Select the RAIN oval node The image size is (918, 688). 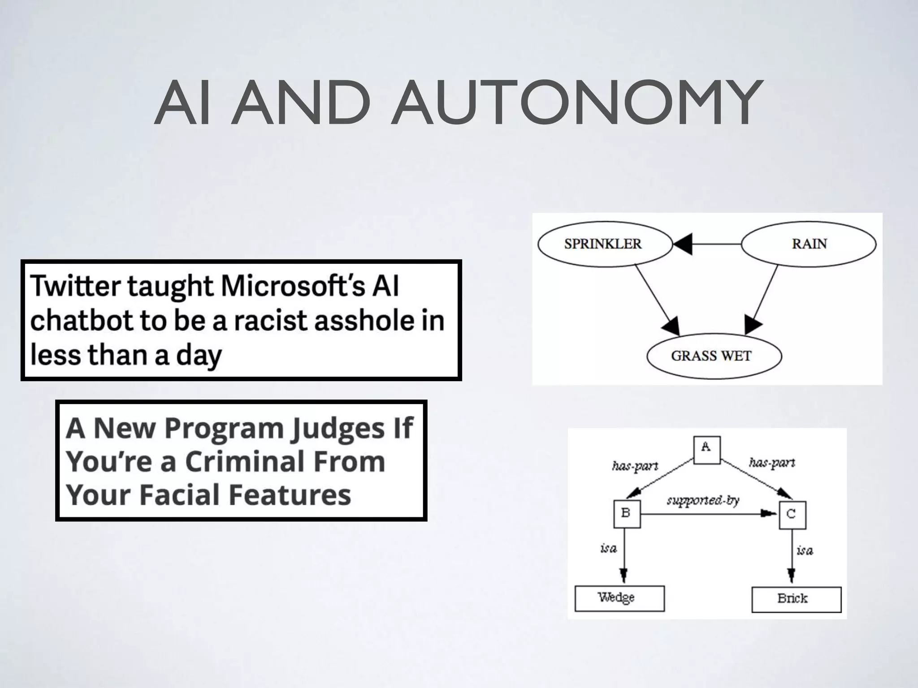[809, 244]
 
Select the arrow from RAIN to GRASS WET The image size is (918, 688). [762, 298]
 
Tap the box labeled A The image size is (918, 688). [707, 449]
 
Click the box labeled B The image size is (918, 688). [627, 514]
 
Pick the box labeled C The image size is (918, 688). [792, 515]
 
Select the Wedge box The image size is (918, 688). [619, 598]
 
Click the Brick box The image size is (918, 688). [796, 599]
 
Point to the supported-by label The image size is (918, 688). [703, 500]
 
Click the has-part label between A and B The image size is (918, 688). [635, 466]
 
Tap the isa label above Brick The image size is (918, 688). [805, 550]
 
